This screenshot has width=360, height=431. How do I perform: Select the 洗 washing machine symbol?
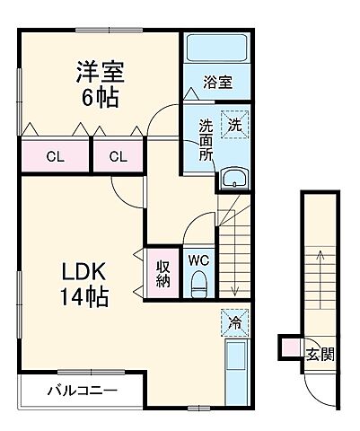click(x=233, y=126)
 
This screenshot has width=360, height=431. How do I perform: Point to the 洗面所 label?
click(x=206, y=138)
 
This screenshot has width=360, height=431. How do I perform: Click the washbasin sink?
click(x=234, y=178)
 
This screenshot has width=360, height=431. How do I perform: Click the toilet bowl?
click(x=198, y=286)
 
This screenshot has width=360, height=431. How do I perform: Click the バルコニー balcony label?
click(x=83, y=391)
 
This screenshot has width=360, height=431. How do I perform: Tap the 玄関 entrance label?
click(x=324, y=353)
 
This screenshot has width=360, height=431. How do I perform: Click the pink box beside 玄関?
click(x=288, y=346)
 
